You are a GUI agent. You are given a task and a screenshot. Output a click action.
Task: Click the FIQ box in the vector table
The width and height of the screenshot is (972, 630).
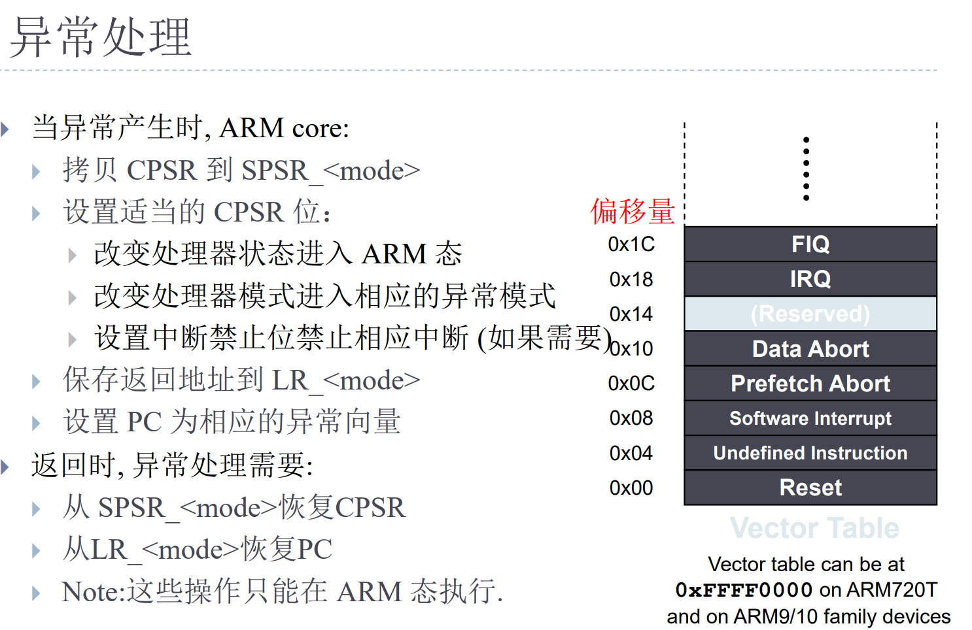(x=810, y=244)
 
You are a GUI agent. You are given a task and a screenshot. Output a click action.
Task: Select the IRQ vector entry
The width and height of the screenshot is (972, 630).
(x=810, y=279)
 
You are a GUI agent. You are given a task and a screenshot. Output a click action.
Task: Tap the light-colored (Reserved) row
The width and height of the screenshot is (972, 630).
(x=810, y=314)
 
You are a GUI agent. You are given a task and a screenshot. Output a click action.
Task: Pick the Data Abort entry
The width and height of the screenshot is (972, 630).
(x=810, y=349)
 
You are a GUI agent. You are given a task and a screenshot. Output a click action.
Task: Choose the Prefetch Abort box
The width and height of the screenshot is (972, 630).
(x=810, y=384)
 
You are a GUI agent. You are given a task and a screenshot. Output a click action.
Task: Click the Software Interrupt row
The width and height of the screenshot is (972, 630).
(x=810, y=418)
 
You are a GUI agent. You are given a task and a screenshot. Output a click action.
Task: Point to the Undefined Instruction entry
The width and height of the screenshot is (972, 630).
(x=810, y=453)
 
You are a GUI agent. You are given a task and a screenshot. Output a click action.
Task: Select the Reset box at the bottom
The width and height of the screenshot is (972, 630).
(x=810, y=488)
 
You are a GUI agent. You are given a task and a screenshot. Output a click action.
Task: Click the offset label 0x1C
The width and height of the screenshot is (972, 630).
(x=631, y=244)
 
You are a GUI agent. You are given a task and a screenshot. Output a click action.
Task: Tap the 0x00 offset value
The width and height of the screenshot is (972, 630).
(x=631, y=488)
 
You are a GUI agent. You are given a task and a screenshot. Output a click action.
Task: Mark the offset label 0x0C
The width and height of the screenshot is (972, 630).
(x=631, y=384)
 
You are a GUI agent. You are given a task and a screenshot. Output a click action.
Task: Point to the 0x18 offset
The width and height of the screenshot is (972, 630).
(x=631, y=280)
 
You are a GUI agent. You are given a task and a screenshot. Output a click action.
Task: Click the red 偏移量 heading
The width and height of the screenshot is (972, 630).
(x=633, y=211)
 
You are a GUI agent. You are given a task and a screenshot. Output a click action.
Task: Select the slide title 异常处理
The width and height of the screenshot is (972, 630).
(x=101, y=37)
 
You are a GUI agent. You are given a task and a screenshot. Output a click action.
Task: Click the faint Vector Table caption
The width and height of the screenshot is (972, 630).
(x=814, y=528)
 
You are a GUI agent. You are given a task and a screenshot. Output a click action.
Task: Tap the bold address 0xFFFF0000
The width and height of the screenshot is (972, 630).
(x=744, y=590)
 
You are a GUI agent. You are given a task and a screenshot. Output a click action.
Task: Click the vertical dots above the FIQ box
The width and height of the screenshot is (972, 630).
(x=807, y=169)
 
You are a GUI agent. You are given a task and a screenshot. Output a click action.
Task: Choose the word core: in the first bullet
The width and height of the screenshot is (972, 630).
(x=321, y=128)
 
